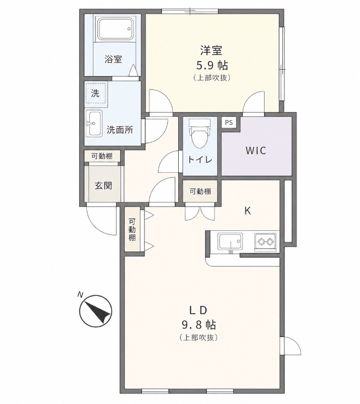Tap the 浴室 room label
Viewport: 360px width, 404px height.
(x=113, y=60)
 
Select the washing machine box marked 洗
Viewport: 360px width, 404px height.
(x=95, y=93)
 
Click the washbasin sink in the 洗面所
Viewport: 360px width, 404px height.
(x=94, y=123)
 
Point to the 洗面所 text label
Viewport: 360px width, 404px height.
(x=120, y=130)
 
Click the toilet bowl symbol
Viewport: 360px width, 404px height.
(x=199, y=134)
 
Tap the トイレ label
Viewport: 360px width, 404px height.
(x=199, y=160)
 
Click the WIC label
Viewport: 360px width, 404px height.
(x=255, y=150)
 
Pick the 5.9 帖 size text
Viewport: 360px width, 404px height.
(x=212, y=65)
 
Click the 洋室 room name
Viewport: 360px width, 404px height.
(x=212, y=50)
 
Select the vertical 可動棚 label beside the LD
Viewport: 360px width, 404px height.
(x=132, y=230)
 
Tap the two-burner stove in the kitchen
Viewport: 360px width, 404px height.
(x=266, y=241)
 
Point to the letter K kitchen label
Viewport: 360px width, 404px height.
(x=248, y=211)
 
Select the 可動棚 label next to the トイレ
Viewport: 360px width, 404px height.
(x=200, y=191)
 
